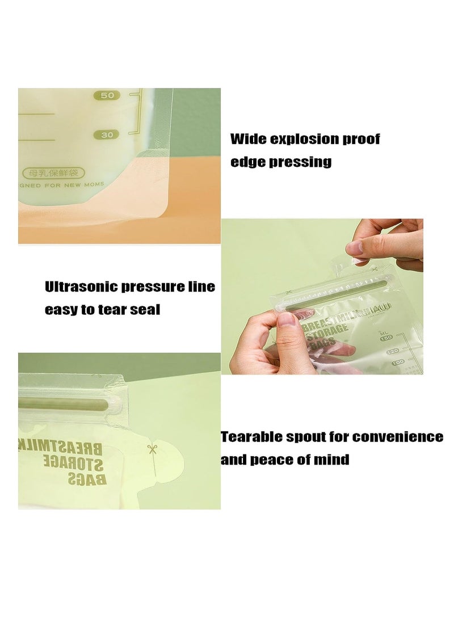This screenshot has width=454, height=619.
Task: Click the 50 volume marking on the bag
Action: pyautogui.click(x=107, y=96)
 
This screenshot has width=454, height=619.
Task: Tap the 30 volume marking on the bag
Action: pyautogui.click(x=107, y=135)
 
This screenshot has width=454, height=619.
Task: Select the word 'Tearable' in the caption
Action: pyautogui.click(x=253, y=437)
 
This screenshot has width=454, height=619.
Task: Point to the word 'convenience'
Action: pyautogui.click(x=398, y=437)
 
